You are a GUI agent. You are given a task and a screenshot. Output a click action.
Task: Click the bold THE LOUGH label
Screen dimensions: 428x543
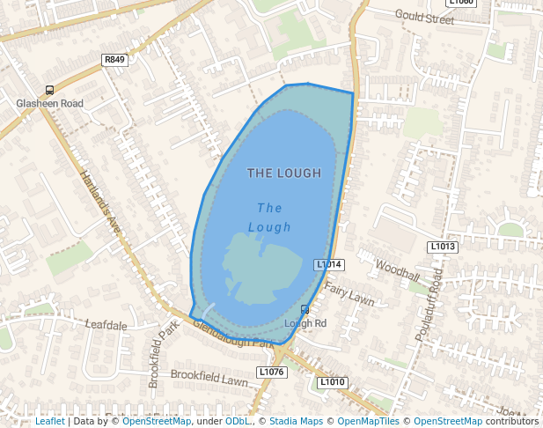click(x=284, y=173)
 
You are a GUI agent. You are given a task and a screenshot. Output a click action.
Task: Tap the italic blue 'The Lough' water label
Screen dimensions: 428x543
click(x=269, y=218)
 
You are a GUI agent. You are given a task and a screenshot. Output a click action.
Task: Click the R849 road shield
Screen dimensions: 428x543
click(x=114, y=60)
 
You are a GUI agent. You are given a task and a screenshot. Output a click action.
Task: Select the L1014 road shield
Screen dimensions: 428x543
click(x=329, y=264)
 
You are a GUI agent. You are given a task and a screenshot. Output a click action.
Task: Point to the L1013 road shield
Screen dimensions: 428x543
click(x=443, y=247)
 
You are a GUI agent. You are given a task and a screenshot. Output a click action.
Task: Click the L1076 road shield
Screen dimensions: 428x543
click(x=272, y=373)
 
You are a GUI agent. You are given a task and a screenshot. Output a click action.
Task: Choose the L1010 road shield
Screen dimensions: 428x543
click(x=333, y=382)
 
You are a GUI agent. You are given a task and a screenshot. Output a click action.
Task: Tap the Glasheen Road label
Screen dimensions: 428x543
click(x=50, y=103)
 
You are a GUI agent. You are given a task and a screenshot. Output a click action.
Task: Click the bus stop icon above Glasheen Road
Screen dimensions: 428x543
click(x=49, y=89)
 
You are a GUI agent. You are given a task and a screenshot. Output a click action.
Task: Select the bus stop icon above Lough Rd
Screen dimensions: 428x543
click(x=305, y=309)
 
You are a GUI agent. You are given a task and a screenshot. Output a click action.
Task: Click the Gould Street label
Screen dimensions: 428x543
click(x=423, y=15)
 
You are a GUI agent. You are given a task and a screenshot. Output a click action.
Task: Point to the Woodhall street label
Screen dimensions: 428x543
click(x=398, y=269)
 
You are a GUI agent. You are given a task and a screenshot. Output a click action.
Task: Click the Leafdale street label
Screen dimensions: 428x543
click(x=106, y=325)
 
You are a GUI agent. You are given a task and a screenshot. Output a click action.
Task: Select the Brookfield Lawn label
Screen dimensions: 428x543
click(x=209, y=377)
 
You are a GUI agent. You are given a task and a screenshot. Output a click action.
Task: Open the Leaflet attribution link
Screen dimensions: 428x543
click(x=50, y=421)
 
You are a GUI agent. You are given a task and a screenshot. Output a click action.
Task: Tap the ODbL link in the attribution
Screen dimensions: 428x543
click(x=237, y=421)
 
